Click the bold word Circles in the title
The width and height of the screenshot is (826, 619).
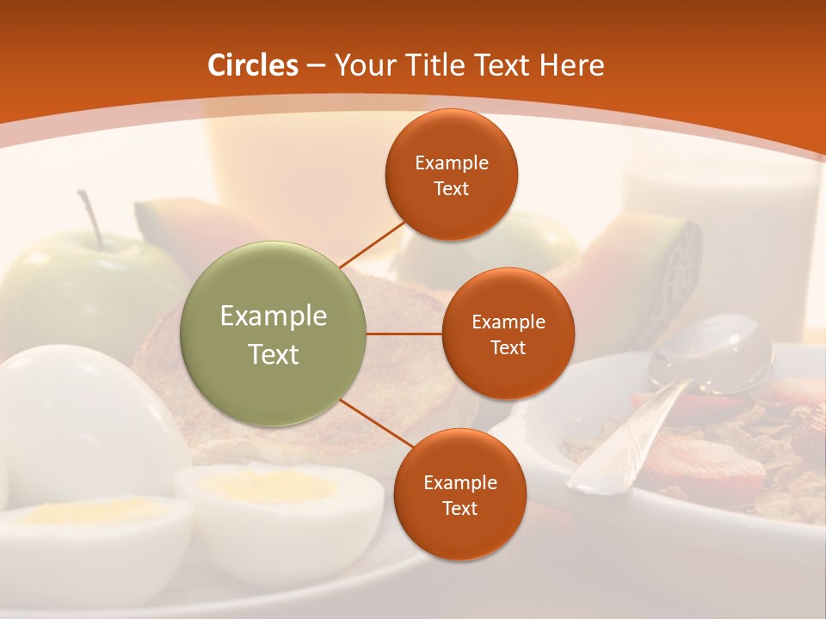tap(253, 65)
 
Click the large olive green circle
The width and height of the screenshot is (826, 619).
tap(274, 334)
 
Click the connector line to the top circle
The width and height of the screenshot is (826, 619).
tap(372, 244)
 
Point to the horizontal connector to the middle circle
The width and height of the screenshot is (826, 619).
tap(404, 334)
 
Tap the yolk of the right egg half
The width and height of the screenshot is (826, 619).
tap(267, 487)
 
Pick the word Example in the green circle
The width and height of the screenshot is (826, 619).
tap(274, 316)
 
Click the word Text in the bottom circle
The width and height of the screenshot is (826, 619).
tap(459, 508)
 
